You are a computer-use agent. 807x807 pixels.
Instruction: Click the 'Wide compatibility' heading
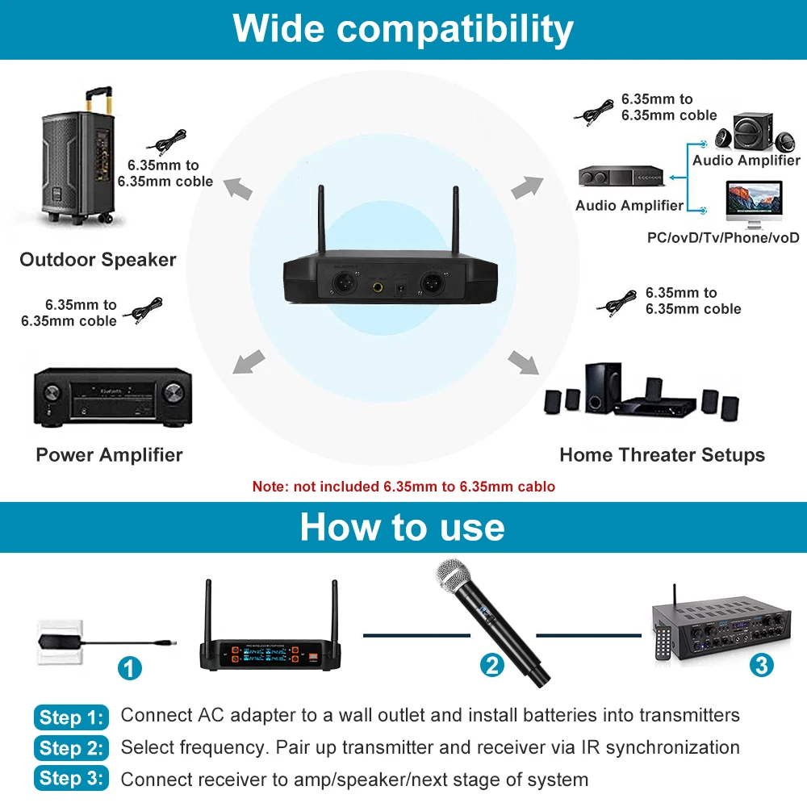tap(403, 29)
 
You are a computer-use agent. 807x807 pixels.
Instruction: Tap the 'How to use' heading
tap(402, 527)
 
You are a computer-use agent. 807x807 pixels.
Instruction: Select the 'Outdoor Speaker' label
tap(98, 260)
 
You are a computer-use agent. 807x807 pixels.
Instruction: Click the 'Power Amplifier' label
tap(109, 455)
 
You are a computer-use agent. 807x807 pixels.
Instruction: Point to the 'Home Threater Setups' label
tap(662, 455)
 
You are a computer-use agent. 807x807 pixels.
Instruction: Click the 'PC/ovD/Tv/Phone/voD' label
tap(723, 237)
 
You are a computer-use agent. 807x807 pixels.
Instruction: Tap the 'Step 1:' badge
tap(72, 717)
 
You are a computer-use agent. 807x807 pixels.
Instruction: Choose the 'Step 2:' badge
tap(72, 748)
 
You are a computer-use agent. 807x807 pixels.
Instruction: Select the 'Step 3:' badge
tap(72, 779)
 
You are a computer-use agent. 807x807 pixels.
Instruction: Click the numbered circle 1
tap(130, 668)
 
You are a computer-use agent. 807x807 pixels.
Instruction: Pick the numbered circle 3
tap(761, 665)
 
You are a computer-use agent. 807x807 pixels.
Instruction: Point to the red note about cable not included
tap(403, 487)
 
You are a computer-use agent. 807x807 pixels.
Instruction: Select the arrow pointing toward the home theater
tap(525, 362)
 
